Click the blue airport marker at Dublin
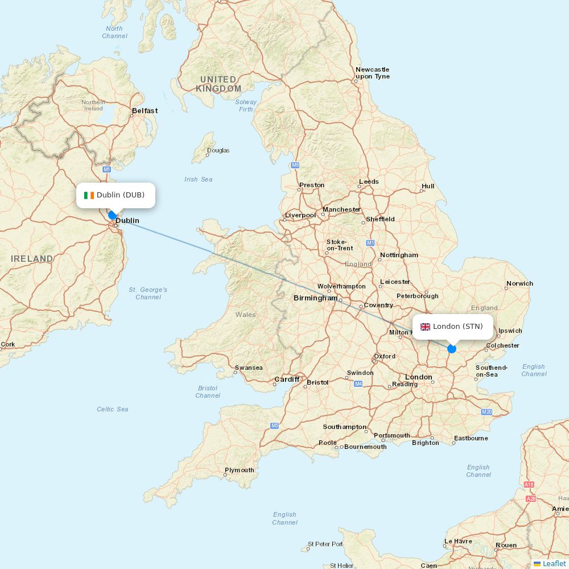point(113,215)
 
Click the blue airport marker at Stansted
point(452,349)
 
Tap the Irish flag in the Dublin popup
point(89,195)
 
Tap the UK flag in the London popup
point(425,327)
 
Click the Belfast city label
point(145,111)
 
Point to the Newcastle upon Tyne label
point(373,73)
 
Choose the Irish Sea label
point(198,179)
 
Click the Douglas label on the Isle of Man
point(218,151)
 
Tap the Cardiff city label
point(287,380)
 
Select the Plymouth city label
point(240,470)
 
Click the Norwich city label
point(519,283)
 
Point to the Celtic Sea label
point(113,409)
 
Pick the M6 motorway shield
point(295,165)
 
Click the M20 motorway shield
point(486,411)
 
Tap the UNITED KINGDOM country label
point(218,84)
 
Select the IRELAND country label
point(32,259)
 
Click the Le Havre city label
point(458,541)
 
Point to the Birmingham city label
point(315,298)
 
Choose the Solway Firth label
point(246,105)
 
